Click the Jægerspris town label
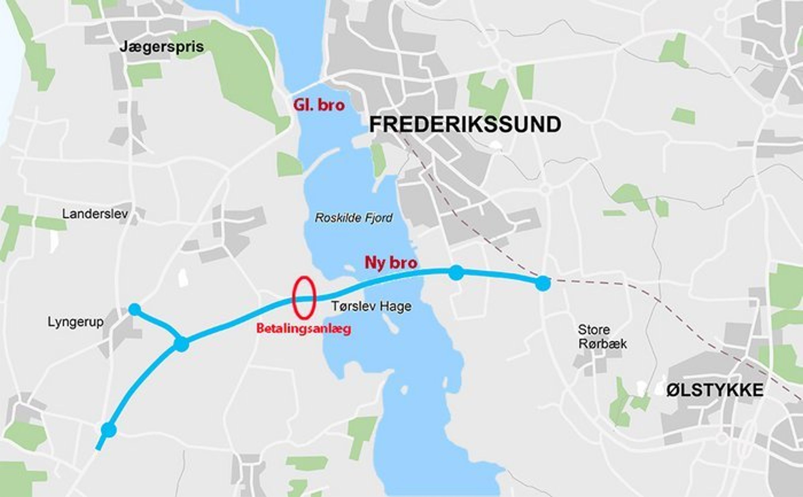tap(162, 47)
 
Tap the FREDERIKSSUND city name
tap(465, 125)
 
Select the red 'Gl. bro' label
tap(319, 105)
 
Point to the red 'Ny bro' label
tap(391, 263)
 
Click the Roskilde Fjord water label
tap(354, 218)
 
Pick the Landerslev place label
tap(95, 214)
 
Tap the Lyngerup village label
tap(76, 322)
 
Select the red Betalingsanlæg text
tap(304, 329)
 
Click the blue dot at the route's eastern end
tap(543, 283)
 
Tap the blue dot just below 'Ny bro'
tap(456, 273)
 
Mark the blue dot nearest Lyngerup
tap(134, 309)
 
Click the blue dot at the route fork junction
tap(181, 344)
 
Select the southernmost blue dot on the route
tap(109, 430)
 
